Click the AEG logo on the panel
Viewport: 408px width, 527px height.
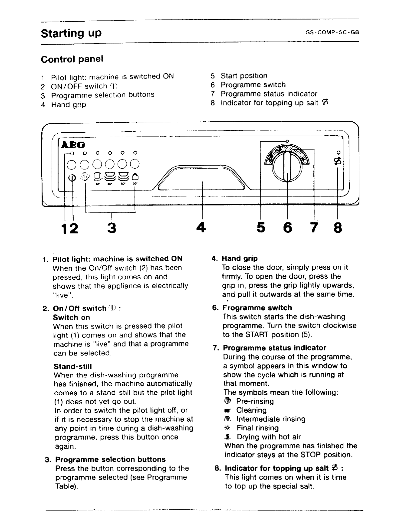click(72, 145)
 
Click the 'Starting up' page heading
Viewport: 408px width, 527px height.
click(71, 33)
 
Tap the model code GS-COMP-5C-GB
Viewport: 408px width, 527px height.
click(332, 33)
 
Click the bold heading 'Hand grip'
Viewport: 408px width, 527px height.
click(239, 258)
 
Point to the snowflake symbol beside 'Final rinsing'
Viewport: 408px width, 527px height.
click(229, 428)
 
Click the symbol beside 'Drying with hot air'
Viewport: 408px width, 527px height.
click(229, 437)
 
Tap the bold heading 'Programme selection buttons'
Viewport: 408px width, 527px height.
click(110, 460)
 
